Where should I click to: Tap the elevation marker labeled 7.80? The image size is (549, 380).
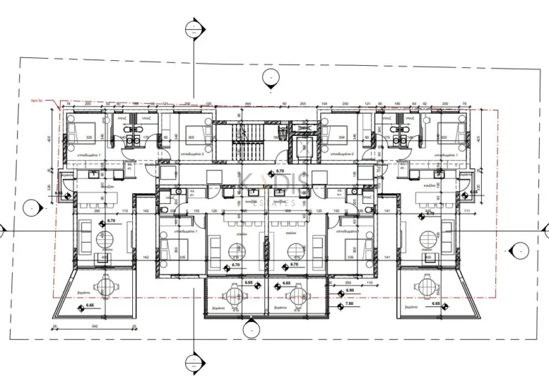349,303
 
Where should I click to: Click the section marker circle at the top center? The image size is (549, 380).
193,29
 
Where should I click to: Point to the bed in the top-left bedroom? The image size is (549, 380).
80,133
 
